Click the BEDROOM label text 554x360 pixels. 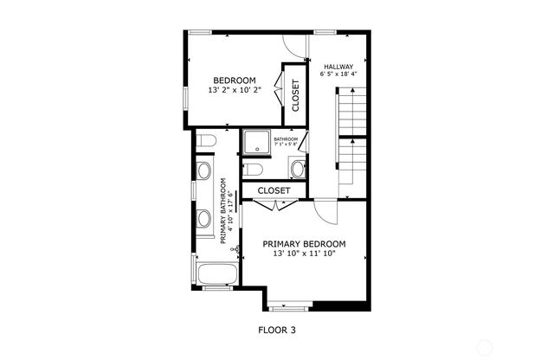[x=235, y=80]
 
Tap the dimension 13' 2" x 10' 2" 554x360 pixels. [x=235, y=89]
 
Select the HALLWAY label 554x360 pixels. [x=338, y=66]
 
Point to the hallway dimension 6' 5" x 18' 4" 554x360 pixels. [x=338, y=75]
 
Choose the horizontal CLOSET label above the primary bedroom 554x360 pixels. [x=274, y=190]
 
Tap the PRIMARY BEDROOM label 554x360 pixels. [x=304, y=244]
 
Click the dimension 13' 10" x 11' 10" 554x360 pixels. [x=304, y=254]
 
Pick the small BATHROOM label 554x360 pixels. [x=286, y=139]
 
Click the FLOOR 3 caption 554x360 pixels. [x=277, y=330]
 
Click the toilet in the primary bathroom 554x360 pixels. [x=205, y=140]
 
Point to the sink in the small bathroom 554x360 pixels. [x=297, y=168]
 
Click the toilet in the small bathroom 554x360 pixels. [x=252, y=169]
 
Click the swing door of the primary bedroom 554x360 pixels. [x=323, y=209]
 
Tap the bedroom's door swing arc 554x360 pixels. [x=293, y=46]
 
